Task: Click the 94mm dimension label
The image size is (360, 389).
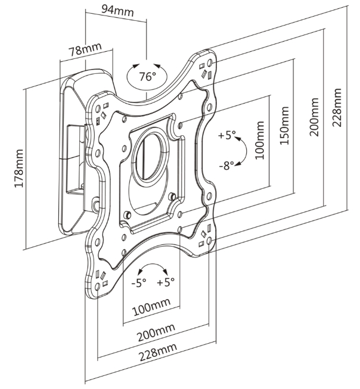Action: (x=117, y=10)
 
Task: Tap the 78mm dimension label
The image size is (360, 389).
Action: (x=85, y=49)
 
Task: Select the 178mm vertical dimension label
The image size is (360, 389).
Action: (x=19, y=169)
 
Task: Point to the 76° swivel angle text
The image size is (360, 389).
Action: (x=147, y=76)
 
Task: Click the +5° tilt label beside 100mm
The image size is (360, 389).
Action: (x=226, y=135)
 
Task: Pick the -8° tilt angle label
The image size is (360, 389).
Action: (x=226, y=165)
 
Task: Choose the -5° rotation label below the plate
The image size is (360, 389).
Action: (x=139, y=282)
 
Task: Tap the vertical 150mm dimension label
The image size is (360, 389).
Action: (x=284, y=126)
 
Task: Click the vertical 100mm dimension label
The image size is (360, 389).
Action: (x=260, y=140)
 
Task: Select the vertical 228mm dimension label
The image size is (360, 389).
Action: (x=337, y=107)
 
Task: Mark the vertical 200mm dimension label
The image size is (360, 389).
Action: (x=314, y=117)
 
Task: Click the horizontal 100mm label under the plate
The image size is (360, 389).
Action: (x=151, y=307)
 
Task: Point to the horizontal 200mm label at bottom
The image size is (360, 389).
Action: (x=156, y=332)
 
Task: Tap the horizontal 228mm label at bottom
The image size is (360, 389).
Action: (x=158, y=353)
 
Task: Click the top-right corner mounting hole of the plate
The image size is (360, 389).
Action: (x=210, y=63)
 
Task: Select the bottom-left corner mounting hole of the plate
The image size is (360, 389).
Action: (x=98, y=287)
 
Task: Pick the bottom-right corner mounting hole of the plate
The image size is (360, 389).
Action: (x=209, y=241)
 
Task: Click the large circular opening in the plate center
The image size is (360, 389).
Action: (x=150, y=156)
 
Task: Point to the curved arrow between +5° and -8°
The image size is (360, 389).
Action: (x=246, y=151)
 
